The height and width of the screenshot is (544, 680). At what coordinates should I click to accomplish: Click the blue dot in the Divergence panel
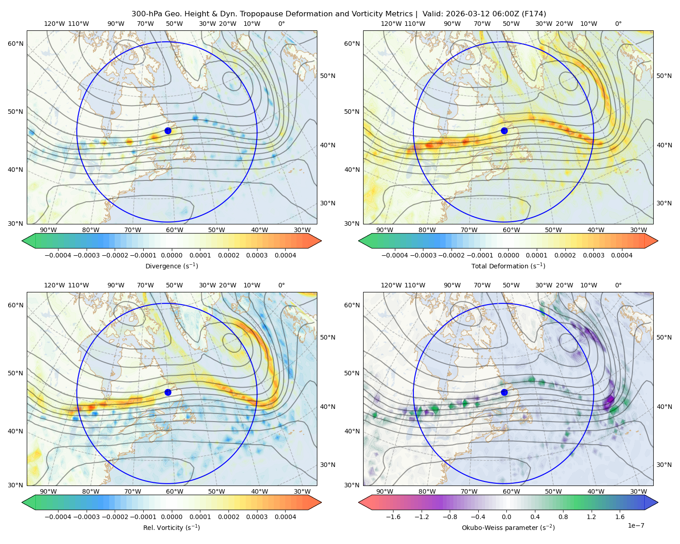[x=168, y=131]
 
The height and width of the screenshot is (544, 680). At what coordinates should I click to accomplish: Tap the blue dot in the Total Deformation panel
[x=504, y=131]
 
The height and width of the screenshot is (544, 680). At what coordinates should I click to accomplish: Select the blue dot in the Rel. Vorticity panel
[x=168, y=392]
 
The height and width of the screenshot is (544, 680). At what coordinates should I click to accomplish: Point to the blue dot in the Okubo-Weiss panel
[x=504, y=392]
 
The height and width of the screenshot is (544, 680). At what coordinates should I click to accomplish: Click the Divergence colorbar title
[x=171, y=266]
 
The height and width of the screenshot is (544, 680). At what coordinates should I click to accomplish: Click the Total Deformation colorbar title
[x=508, y=266]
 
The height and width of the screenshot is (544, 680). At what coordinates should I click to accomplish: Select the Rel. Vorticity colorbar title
[x=171, y=528]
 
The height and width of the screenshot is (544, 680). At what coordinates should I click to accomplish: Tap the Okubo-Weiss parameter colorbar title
[x=508, y=528]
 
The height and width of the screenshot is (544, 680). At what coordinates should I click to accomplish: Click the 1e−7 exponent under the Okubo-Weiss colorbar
[x=636, y=526]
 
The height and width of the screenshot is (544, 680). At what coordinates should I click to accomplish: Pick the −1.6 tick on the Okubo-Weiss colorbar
[x=393, y=517]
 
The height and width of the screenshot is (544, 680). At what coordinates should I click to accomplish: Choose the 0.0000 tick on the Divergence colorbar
[x=171, y=255]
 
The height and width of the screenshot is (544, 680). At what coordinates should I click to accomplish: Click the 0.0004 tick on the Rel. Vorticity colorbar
[x=285, y=517]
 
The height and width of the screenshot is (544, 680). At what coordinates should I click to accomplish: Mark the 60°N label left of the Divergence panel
[x=15, y=44]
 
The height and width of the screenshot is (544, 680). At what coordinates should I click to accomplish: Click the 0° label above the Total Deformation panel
[x=618, y=24]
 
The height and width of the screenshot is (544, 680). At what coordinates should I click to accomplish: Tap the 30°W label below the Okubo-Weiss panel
[x=639, y=491]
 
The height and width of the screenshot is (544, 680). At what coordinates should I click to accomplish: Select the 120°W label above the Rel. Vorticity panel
[x=54, y=285]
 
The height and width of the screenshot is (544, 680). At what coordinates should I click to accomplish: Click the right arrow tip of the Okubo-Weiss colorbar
[x=658, y=502]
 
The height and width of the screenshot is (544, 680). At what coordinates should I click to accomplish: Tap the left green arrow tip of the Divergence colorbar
[x=22, y=241]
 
